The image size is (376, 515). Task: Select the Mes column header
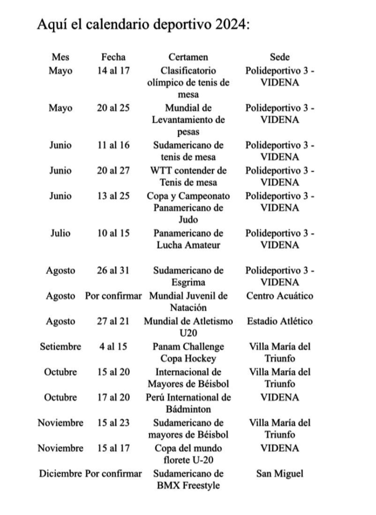[60, 57]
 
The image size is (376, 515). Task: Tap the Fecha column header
[113, 57]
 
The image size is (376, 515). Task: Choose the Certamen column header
[188, 57]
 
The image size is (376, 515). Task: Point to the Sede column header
[280, 57]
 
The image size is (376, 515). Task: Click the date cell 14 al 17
[113, 70]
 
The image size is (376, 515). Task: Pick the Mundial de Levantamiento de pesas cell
[188, 120]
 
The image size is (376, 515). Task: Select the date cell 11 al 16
[113, 145]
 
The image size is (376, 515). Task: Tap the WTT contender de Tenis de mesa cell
[188, 177]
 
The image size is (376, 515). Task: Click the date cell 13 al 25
[113, 196]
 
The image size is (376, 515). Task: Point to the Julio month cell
[60, 233]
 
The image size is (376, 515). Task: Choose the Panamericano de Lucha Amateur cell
[188, 239]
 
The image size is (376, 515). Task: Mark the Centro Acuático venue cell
[280, 296]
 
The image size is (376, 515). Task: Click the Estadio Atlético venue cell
[280, 321]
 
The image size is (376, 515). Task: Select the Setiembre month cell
[60, 347]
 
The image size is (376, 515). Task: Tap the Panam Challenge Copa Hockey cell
[188, 353]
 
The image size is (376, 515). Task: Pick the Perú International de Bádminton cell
[188, 403]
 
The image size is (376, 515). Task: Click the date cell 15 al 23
[113, 423]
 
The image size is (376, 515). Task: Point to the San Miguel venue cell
[280, 474]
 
